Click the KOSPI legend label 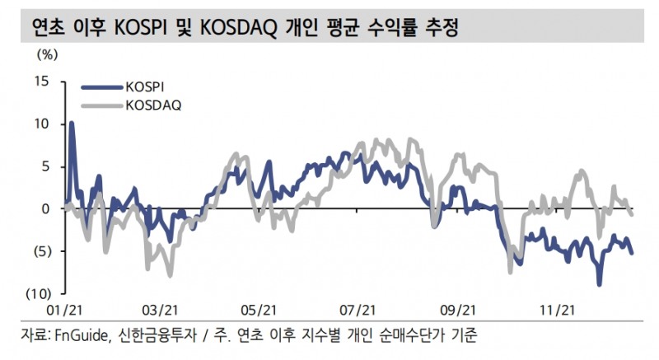pyautogui.click(x=148, y=86)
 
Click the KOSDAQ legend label pyautogui.click(x=154, y=105)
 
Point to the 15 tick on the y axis pyautogui.click(x=42, y=82)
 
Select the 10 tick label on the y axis pyautogui.click(x=42, y=124)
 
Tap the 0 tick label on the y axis pyautogui.click(x=46, y=208)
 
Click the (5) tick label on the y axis pyautogui.click(x=40, y=251)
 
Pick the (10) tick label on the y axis pyautogui.click(x=37, y=293)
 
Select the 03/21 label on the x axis pyautogui.click(x=161, y=310)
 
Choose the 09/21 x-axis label pyautogui.click(x=457, y=310)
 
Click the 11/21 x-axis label pyautogui.click(x=555, y=310)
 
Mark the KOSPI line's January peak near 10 pyautogui.click(x=72, y=123)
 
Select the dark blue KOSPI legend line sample pyautogui.click(x=101, y=86)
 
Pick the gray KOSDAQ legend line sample pyautogui.click(x=101, y=105)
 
